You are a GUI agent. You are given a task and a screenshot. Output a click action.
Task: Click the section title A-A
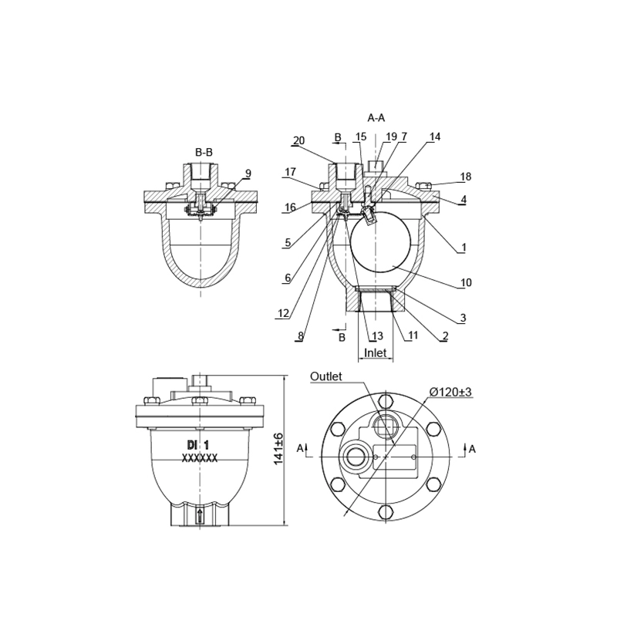tap(376, 117)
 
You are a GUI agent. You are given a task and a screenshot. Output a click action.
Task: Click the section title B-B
tap(204, 152)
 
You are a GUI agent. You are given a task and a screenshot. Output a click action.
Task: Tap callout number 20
tap(299, 140)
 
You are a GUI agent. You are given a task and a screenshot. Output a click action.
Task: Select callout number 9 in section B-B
tap(248, 174)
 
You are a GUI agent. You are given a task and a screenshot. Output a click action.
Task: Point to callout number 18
tap(466, 177)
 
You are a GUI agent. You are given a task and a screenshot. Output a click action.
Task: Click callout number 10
tap(466, 282)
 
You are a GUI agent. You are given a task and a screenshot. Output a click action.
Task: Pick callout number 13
tap(377, 336)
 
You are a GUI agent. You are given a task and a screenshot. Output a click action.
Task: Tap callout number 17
tap(291, 172)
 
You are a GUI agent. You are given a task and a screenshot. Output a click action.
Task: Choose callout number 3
tap(464, 318)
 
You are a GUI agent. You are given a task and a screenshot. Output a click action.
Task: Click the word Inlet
tap(376, 353)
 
